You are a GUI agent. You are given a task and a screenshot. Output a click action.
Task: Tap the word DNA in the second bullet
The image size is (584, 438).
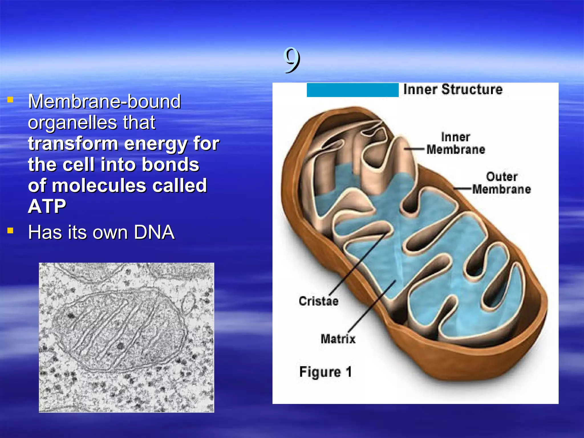154,232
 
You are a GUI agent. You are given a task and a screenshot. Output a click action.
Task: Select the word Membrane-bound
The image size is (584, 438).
104,102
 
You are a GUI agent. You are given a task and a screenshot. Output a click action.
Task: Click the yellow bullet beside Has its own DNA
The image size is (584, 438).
11,230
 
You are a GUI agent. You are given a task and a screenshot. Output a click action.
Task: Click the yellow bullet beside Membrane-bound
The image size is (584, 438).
11,100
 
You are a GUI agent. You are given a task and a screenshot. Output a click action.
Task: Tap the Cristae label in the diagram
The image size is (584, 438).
319,301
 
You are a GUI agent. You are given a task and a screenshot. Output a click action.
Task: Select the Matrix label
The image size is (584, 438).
338,339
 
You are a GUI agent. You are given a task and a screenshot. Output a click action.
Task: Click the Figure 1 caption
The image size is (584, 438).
325,372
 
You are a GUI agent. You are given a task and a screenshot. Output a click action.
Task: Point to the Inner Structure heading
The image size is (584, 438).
453,90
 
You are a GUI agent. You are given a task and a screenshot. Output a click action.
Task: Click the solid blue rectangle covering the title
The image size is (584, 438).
352,90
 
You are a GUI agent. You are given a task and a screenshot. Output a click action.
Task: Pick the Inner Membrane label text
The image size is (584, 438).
455,143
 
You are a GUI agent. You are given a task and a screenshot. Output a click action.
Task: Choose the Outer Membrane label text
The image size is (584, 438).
501,183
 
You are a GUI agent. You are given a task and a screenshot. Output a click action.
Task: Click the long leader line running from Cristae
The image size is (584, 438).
356,265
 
